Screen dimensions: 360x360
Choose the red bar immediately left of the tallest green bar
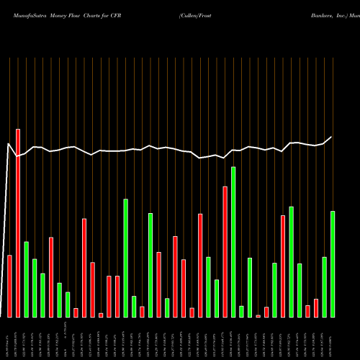coord(225,252)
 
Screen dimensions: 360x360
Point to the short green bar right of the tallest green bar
coord(241,311)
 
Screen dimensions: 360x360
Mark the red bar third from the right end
coord(283,266)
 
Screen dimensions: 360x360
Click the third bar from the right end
coord(316,308)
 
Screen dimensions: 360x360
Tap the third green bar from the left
coord(43,295)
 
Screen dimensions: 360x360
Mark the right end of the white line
coord(332,137)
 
